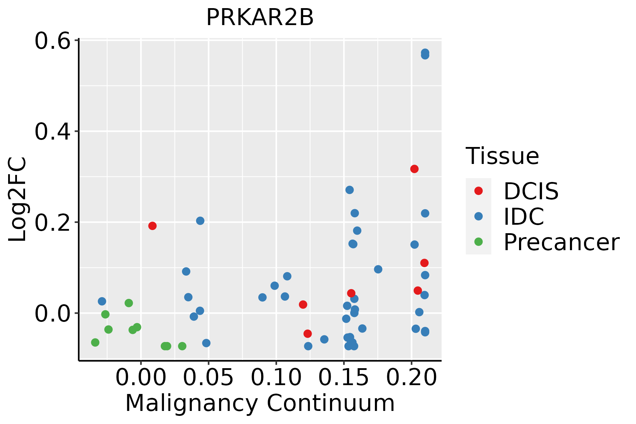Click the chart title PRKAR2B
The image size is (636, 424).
coord(260,18)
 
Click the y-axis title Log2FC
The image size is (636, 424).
coord(18,200)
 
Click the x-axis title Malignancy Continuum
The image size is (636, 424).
coord(260,404)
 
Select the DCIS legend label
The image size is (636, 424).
coord(531,191)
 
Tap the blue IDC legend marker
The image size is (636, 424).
coord(478,216)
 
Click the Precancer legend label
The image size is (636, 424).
coord(561,242)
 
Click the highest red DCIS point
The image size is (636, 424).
coord(414,169)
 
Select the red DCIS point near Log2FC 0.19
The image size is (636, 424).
coord(152,226)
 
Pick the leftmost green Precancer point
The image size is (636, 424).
coord(95,342)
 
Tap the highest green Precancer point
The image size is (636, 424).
coord(129,303)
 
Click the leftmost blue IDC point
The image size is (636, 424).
coord(102,301)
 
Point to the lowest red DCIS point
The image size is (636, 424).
coord(308,334)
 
